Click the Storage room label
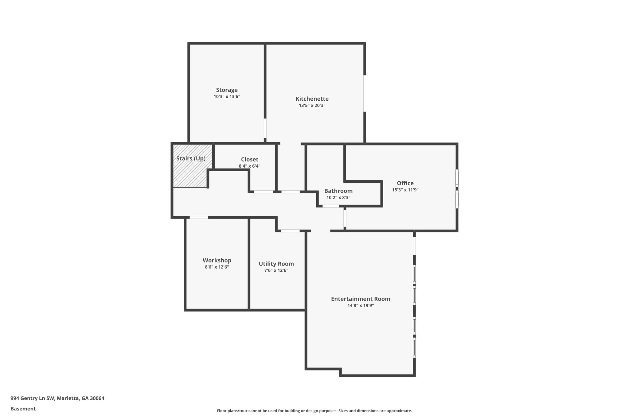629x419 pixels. (x=227, y=90)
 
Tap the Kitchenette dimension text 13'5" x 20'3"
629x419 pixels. (x=312, y=105)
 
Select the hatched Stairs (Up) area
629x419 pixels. (x=190, y=172)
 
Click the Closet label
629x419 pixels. (x=249, y=159)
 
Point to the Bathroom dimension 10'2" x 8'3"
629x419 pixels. (x=338, y=198)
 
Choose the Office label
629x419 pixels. (x=405, y=183)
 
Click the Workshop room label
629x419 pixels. (x=217, y=260)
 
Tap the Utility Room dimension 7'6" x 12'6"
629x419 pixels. (x=276, y=270)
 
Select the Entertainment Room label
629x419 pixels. (x=361, y=299)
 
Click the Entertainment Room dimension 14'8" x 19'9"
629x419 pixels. (x=361, y=305)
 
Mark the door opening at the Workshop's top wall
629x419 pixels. (x=199, y=217)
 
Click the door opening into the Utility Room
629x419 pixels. (x=290, y=231)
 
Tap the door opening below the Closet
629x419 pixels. (x=263, y=192)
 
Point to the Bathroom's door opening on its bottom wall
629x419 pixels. (x=330, y=206)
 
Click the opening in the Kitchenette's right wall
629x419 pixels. (x=365, y=94)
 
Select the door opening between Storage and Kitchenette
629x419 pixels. (x=265, y=128)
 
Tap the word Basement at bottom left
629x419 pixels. (x=23, y=409)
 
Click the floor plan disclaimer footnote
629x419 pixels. (x=314, y=411)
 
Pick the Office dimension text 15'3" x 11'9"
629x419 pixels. (x=405, y=190)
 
